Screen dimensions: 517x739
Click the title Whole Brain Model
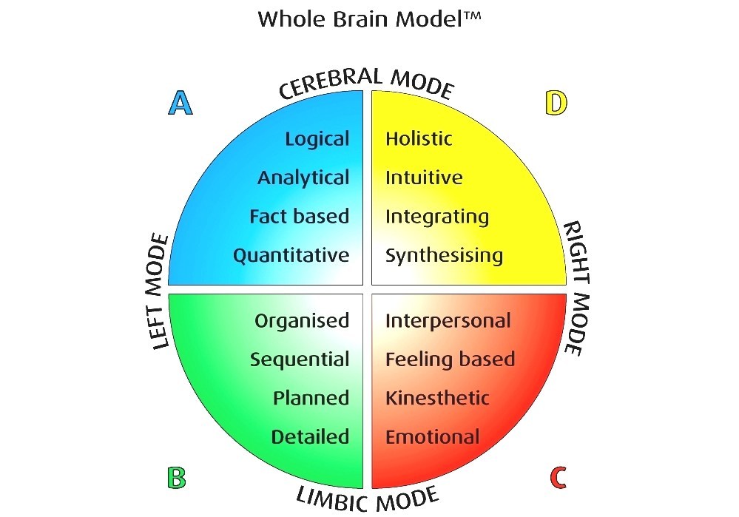pyautogui.click(x=369, y=19)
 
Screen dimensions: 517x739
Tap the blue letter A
pyautogui.click(x=180, y=104)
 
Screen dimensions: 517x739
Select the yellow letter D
pyautogui.click(x=556, y=104)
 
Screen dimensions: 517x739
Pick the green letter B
pyautogui.click(x=176, y=478)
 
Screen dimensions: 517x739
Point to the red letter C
pyautogui.click(x=559, y=478)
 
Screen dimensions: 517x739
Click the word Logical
pyautogui.click(x=317, y=139)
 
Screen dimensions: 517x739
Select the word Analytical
pyautogui.click(x=303, y=178)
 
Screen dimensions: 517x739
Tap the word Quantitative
pyautogui.click(x=291, y=256)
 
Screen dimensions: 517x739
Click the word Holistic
pyautogui.click(x=419, y=139)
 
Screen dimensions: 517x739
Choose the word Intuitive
pyautogui.click(x=424, y=178)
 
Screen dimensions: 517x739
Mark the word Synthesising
pyautogui.click(x=444, y=257)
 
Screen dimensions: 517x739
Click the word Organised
pyautogui.click(x=302, y=321)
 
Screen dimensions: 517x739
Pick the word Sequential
pyautogui.click(x=300, y=360)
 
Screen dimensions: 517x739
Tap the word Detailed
pyautogui.click(x=310, y=437)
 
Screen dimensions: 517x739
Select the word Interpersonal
pyautogui.click(x=448, y=321)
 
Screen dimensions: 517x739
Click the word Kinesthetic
pyautogui.click(x=437, y=399)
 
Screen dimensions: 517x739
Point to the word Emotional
pyautogui.click(x=433, y=437)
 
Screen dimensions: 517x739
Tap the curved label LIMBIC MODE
pyautogui.click(x=368, y=499)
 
